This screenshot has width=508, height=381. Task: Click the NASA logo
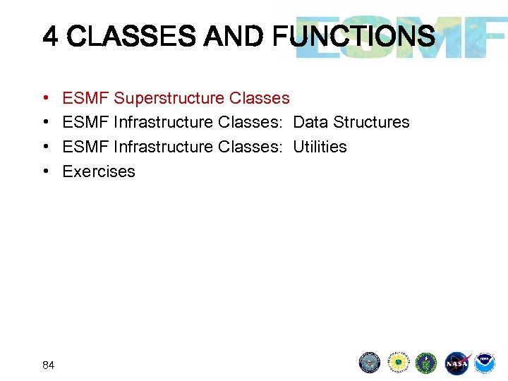(x=456, y=363)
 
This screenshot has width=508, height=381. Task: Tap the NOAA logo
(x=485, y=363)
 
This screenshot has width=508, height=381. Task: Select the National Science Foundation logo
(x=399, y=363)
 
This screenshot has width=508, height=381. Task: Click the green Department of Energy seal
(x=427, y=363)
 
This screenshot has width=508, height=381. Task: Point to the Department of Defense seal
(x=370, y=363)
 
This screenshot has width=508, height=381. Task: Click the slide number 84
(x=48, y=365)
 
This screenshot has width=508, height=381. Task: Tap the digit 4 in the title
(x=50, y=36)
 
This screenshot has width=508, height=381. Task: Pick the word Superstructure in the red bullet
(x=169, y=98)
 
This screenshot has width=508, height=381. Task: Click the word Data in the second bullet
(x=310, y=122)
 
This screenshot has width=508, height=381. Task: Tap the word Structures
(x=371, y=122)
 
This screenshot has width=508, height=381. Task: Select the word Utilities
(x=320, y=147)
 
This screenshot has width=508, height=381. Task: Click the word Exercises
(x=99, y=171)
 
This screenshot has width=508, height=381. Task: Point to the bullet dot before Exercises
(x=45, y=171)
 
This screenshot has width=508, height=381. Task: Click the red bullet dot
(x=45, y=98)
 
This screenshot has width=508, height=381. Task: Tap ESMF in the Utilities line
(x=85, y=147)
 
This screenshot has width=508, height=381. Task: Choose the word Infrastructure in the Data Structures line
(x=164, y=122)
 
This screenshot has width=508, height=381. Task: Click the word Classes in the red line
(x=259, y=98)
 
